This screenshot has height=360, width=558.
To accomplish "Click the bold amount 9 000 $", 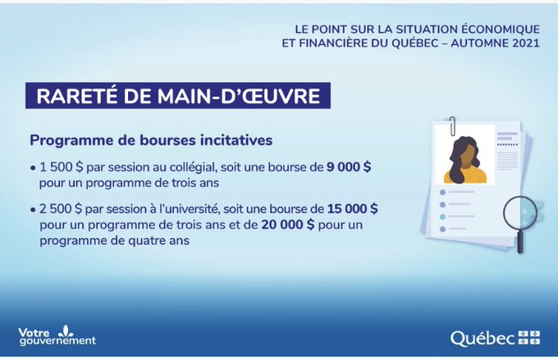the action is (349, 166).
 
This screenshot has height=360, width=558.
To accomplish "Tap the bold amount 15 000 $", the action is (352, 208).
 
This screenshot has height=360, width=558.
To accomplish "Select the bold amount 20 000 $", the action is (288, 225).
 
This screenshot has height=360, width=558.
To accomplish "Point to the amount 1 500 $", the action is (61, 167).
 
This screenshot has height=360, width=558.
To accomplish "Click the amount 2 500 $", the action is (61, 209).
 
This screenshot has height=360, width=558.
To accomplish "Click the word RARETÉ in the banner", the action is (76, 96).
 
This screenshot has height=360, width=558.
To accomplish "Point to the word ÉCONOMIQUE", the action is (501, 29).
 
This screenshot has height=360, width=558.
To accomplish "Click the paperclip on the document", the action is (452, 126).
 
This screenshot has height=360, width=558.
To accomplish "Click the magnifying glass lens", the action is (519, 213).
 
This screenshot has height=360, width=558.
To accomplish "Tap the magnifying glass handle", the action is (520, 241).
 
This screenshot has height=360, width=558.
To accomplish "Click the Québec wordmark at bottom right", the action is (483, 339).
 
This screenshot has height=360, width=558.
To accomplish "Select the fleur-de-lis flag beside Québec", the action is (529, 338).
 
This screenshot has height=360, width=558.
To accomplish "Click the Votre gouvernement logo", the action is (57, 335).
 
